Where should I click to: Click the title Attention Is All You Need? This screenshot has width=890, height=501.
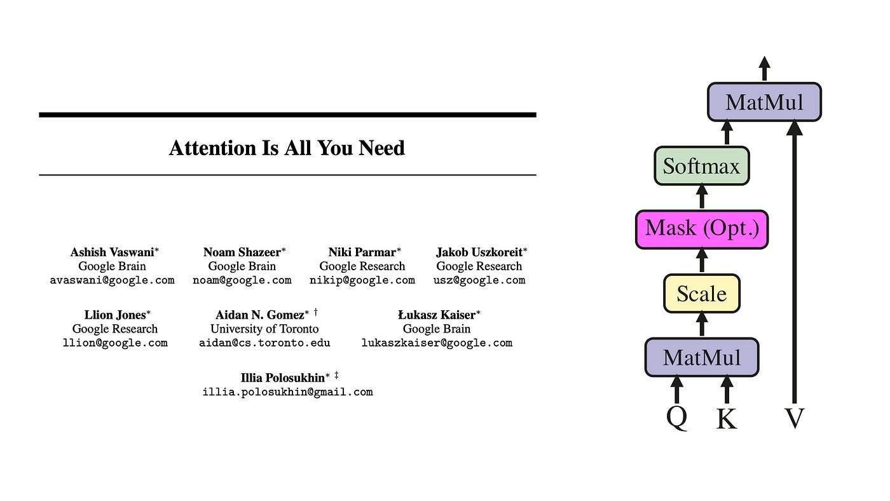[287, 148]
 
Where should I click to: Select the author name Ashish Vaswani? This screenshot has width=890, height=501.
[112, 252]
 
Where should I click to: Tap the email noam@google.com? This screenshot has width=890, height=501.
[242, 280]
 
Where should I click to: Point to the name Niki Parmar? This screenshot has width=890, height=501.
[362, 252]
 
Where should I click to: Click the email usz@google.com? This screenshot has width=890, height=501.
[479, 280]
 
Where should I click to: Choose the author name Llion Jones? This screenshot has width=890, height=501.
[115, 315]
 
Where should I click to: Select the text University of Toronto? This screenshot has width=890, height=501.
[264, 329]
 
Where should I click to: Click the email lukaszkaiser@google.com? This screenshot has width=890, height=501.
[437, 343]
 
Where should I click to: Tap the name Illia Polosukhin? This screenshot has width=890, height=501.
[282, 378]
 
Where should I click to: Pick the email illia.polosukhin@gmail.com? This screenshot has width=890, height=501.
[287, 392]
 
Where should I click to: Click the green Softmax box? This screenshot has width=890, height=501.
[702, 166]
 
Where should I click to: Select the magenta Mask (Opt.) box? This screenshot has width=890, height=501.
[702, 229]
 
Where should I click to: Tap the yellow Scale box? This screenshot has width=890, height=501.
[702, 294]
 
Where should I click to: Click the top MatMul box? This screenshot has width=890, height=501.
[764, 102]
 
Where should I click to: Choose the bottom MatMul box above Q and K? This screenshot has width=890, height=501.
[702, 357]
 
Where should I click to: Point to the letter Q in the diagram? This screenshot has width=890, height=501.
[677, 418]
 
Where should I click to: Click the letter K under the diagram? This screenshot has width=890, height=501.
[727, 419]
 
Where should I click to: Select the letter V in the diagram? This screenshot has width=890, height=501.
[795, 419]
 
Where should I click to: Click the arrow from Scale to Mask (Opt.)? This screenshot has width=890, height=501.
[702, 261]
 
